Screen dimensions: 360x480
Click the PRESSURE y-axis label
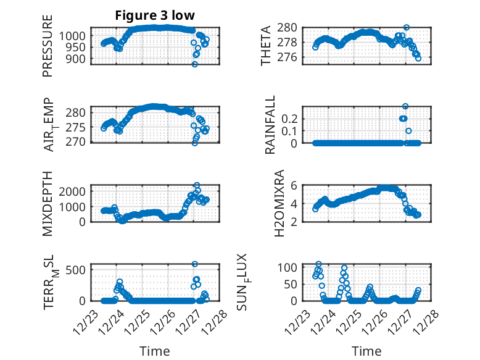pyautogui.click(x=48, y=46)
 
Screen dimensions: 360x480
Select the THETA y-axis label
pyautogui.click(x=266, y=46)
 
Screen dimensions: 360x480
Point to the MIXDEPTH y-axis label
pyautogui.click(x=48, y=203)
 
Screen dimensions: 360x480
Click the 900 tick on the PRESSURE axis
pyautogui.click(x=78, y=59)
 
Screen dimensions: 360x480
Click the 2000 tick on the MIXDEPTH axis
pyautogui.click(x=76, y=191)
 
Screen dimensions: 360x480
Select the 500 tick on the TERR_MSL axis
pyautogui.click(x=78, y=269)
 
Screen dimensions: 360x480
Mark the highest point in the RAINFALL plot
pyautogui.click(x=405, y=106)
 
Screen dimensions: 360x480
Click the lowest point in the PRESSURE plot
pyautogui.click(x=195, y=64)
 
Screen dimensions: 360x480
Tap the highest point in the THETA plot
pyautogui.click(x=406, y=28)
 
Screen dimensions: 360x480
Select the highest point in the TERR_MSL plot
pyautogui.click(x=195, y=264)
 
